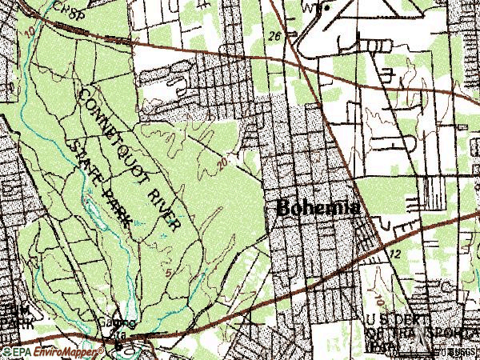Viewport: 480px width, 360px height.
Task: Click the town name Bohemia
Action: coord(317,206)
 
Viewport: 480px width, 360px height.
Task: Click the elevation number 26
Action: coord(275,36)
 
